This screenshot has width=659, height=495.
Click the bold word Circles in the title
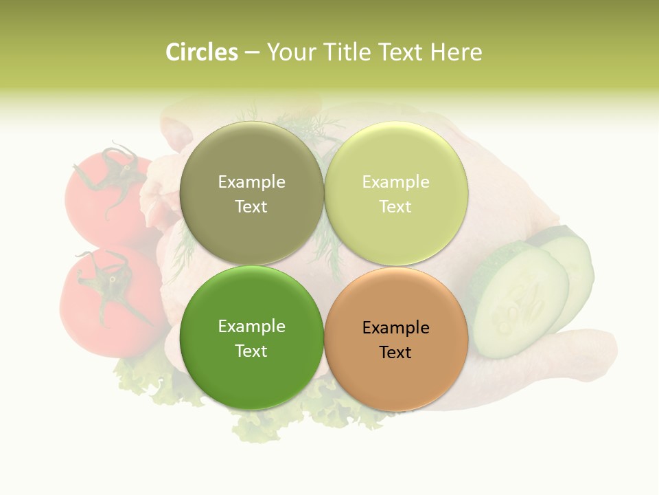[201, 52]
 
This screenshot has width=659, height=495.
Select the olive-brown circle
[251, 194]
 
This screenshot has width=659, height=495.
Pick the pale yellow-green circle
[396, 194]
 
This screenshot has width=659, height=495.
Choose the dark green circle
[251, 338]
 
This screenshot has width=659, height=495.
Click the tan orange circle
[396, 339]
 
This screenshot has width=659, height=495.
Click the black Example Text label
[395, 340]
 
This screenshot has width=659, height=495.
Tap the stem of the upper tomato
[110, 172]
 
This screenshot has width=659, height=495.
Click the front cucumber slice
[518, 302]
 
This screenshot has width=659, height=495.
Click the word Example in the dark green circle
[251, 327]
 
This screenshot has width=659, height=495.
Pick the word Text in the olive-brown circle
[251, 207]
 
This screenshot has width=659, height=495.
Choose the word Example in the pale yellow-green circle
[395, 182]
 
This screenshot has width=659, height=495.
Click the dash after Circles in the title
[252, 53]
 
